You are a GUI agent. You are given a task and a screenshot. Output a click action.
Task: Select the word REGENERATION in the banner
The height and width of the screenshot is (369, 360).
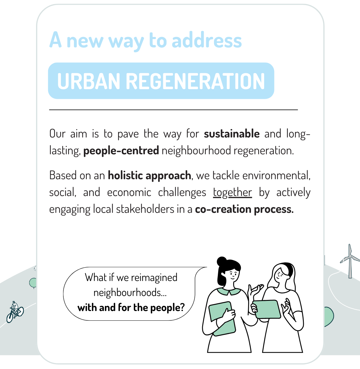click(x=195, y=81)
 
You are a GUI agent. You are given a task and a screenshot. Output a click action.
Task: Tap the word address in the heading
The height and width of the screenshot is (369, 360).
click(x=207, y=40)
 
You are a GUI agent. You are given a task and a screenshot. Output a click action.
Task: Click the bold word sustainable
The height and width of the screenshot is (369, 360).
click(x=232, y=134)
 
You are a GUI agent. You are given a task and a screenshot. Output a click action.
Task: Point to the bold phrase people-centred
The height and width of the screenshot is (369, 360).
click(x=121, y=150)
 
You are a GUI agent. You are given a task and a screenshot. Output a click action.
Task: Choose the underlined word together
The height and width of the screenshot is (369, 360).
click(x=233, y=192)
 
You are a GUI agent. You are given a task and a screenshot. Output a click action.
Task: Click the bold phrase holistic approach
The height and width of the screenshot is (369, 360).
click(x=149, y=175)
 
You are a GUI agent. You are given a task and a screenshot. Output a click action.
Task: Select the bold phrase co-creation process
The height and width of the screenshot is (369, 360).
click(x=244, y=209)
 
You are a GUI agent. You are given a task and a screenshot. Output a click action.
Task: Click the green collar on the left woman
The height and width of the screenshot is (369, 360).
click(x=229, y=292)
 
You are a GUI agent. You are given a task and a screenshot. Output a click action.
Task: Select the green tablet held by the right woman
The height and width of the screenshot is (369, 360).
click(x=267, y=309)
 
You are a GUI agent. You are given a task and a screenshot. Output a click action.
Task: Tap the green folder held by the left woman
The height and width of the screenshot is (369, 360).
click(x=222, y=319)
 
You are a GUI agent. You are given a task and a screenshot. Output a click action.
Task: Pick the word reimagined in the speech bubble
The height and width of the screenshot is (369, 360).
click(x=154, y=278)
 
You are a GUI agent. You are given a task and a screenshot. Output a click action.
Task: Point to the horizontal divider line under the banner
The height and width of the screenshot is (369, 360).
click(x=173, y=110)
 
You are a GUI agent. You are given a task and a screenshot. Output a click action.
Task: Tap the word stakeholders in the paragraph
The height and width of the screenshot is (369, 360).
click(x=145, y=209)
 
